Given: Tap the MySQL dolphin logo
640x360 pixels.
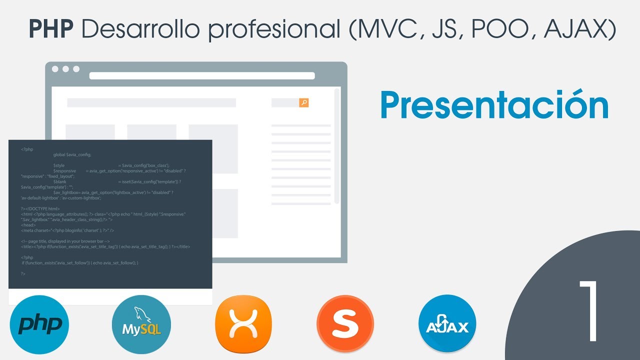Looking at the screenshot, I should coord(141,324).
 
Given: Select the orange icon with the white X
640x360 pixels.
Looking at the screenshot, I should coord(243,324).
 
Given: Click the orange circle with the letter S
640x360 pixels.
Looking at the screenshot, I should coord(345,324).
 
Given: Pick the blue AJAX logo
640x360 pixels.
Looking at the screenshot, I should coord(447,324).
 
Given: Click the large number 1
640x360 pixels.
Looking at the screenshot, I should coord(589,311).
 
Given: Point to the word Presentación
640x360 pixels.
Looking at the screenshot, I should coord(494,105).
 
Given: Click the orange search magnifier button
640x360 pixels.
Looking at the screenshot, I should coord(303,102).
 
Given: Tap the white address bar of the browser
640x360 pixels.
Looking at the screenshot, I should coord(202,76).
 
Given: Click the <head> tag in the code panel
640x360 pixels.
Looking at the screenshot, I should coord(28,225).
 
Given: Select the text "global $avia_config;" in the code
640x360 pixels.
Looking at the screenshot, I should coord(72,154).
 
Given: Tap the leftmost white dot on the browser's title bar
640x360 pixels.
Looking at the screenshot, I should coord(55,69).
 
